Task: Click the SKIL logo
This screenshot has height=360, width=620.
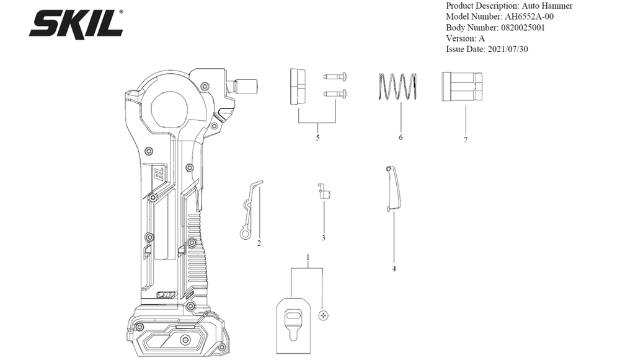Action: pyautogui.click(x=76, y=24)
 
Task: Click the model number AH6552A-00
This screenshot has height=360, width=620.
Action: pyautogui.click(x=529, y=17)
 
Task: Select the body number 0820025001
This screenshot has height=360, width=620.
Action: pyautogui.click(x=523, y=28)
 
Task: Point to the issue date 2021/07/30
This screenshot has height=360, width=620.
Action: pyautogui.click(x=508, y=50)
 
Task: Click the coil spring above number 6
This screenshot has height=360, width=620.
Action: pyautogui.click(x=397, y=87)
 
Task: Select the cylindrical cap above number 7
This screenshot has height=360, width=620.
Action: pyautogui.click(x=462, y=87)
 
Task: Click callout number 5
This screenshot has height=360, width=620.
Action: pyautogui.click(x=317, y=138)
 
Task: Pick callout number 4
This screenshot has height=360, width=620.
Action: pyautogui.click(x=394, y=269)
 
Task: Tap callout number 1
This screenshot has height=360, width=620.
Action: pyautogui.click(x=308, y=258)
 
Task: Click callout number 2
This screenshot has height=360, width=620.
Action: pyautogui.click(x=259, y=244)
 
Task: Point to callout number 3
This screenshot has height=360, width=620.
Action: pyautogui.click(x=324, y=238)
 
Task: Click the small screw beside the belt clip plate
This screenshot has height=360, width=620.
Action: pyautogui.click(x=324, y=315)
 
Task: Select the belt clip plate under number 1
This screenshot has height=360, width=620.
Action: pyautogui.click(x=293, y=326)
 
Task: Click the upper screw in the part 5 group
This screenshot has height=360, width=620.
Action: pyautogui.click(x=335, y=75)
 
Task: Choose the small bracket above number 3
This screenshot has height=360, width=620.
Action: pyautogui.click(x=324, y=191)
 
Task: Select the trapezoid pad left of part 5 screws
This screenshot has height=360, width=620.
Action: pyautogui.click(x=298, y=86)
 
